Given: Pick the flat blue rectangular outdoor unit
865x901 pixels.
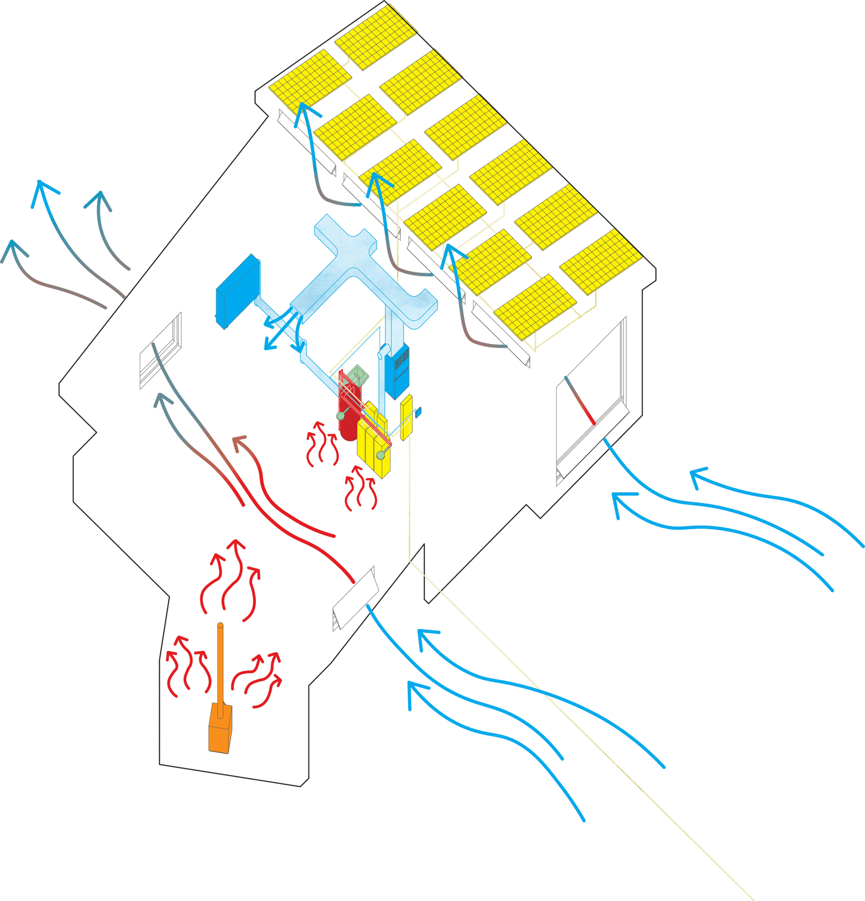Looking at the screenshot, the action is tap(237, 291).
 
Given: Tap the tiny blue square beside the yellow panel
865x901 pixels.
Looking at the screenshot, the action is tap(418, 412).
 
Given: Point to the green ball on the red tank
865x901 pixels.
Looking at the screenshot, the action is tap(341, 415).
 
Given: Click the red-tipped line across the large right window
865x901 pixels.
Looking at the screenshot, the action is tap(579, 400).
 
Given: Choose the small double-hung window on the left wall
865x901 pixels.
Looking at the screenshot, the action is tap(161, 350).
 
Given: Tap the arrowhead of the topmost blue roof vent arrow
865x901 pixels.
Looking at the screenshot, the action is tap(303, 109).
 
